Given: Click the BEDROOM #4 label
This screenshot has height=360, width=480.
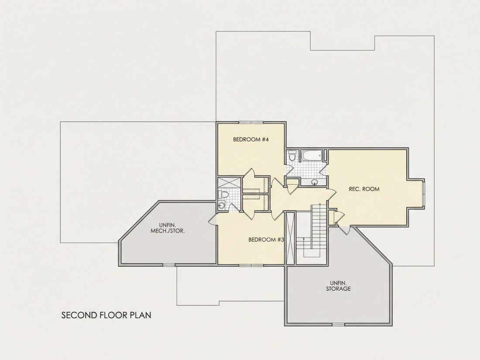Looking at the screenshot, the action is click(x=251, y=140).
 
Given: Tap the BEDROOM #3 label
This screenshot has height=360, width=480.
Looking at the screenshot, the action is click(x=266, y=240).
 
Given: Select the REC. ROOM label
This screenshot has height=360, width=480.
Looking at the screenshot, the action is click(x=364, y=189).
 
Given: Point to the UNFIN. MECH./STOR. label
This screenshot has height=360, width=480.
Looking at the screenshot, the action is click(x=168, y=227).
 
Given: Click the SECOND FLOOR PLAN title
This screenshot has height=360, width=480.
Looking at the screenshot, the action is click(x=106, y=315).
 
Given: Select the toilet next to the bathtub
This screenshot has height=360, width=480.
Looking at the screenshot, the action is click(x=292, y=155).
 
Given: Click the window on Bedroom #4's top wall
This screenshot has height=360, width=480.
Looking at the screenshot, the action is click(x=251, y=123).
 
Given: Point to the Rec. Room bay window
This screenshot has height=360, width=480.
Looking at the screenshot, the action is click(x=424, y=193).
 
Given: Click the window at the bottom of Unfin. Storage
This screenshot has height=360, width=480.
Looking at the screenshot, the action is click(x=338, y=324).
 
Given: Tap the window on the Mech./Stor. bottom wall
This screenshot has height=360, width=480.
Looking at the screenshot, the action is click(x=169, y=264).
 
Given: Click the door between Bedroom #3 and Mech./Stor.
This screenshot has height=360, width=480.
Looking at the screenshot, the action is click(x=213, y=219).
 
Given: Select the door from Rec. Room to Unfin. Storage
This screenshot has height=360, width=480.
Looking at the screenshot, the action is click(x=344, y=230).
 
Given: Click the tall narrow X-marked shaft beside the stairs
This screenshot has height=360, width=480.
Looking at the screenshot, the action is click(x=290, y=238).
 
